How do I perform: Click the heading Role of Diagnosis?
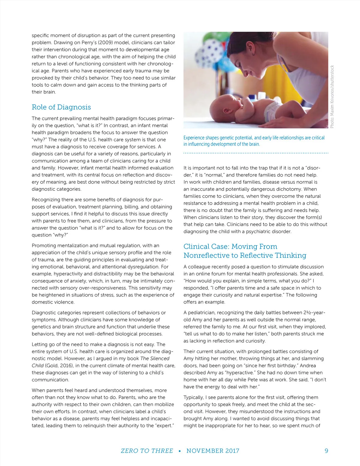[61, 107]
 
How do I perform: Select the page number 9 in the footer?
[326, 451]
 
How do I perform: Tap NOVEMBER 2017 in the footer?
[213, 451]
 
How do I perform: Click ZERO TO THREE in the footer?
[147, 451]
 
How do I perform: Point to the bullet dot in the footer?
[179, 451]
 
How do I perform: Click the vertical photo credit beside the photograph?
[332, 97]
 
